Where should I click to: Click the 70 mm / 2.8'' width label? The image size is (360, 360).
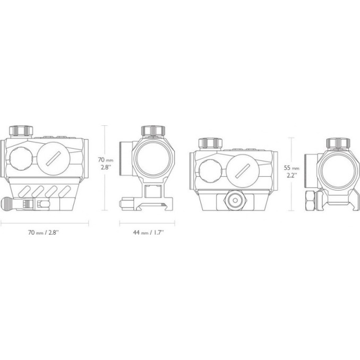(44, 233)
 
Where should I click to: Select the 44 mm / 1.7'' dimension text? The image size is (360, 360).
(148, 233)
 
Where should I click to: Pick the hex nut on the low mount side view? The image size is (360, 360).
(235, 200)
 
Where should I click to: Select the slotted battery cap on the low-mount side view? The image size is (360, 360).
(243, 171)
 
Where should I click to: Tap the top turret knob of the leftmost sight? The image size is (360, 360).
(21, 131)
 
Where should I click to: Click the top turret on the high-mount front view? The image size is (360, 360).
(153, 131)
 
